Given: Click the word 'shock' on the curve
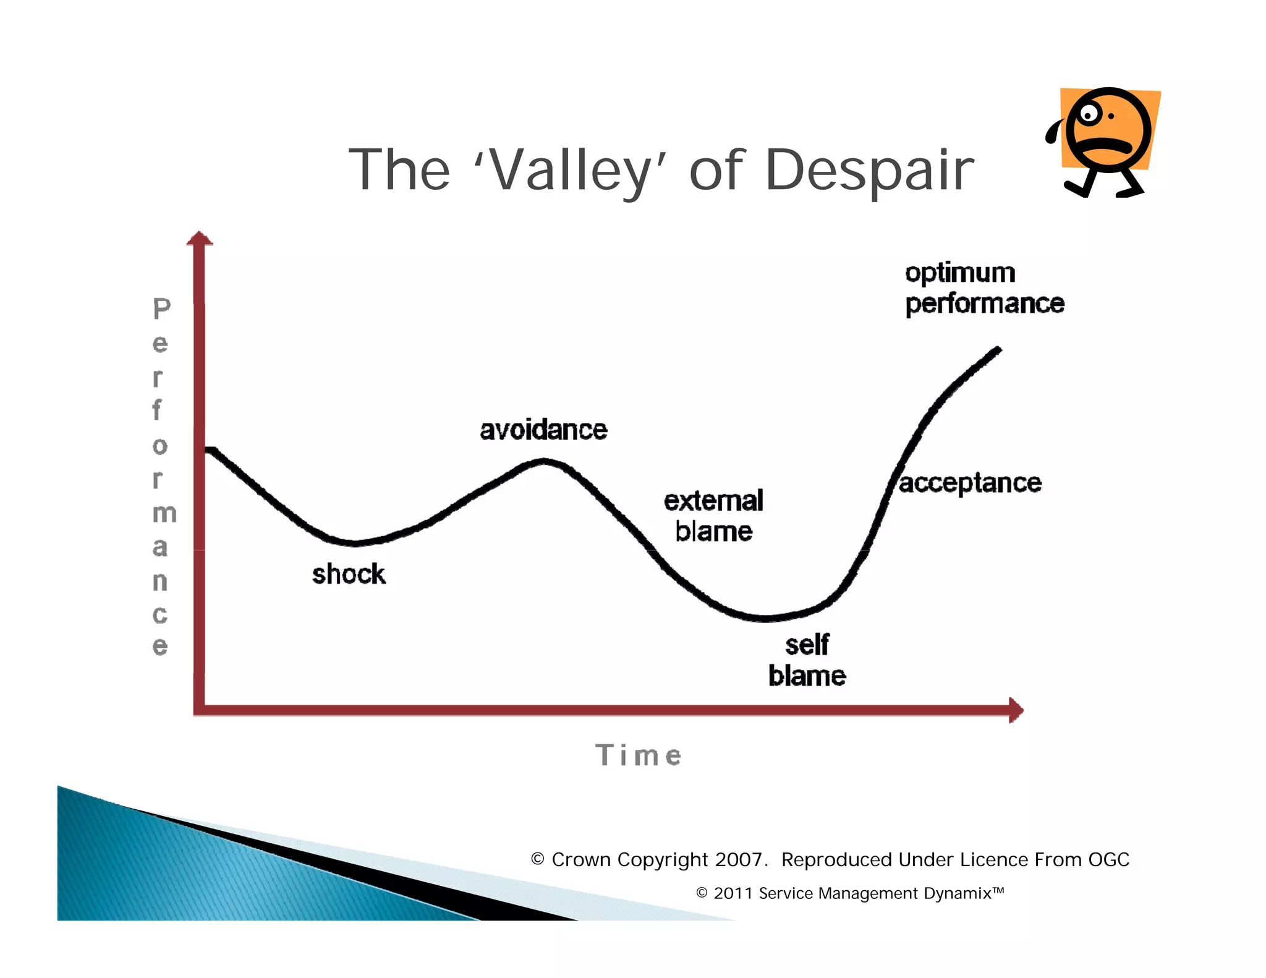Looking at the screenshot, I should tap(349, 574).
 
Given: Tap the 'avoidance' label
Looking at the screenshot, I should tap(543, 430).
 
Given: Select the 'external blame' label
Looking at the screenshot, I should tap(713, 516).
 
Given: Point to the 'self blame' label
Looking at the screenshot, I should tap(807, 660).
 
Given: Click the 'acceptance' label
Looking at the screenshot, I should tap(970, 483).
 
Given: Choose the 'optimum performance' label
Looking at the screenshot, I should tap(984, 288).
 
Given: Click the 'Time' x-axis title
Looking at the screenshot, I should tap(639, 755).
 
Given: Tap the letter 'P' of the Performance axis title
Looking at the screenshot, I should tap(161, 309).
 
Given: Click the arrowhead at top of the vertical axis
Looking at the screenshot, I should tap(199, 239).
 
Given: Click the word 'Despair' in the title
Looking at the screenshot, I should tap(869, 169).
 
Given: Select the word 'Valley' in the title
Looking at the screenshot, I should tap(572, 171).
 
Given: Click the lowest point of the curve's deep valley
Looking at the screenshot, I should tap(765, 618).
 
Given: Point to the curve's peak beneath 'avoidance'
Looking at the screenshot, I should tap(544, 461).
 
